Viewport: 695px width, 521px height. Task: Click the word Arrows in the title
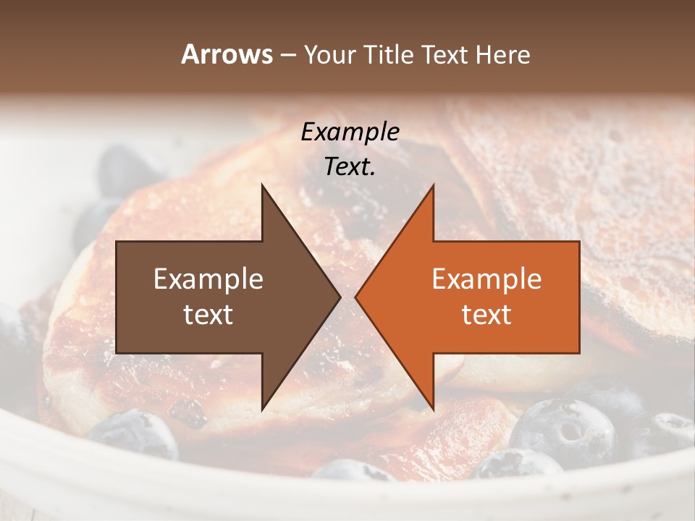pyautogui.click(x=227, y=54)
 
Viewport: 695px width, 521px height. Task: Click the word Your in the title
pyautogui.click(x=328, y=55)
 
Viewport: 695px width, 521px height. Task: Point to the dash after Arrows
pyautogui.click(x=287, y=55)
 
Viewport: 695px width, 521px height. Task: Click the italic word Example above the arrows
pyautogui.click(x=350, y=132)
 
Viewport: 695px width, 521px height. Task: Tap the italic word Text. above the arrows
pyautogui.click(x=350, y=166)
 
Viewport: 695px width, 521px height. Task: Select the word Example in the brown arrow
pyautogui.click(x=208, y=279)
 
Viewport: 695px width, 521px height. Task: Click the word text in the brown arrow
pyautogui.click(x=208, y=314)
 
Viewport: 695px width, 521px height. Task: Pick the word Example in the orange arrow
pyautogui.click(x=486, y=279)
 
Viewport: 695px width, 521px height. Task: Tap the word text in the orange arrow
pyautogui.click(x=486, y=314)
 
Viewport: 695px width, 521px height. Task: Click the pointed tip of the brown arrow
pyautogui.click(x=340, y=297)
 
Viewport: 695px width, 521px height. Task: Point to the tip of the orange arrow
pyautogui.click(x=356, y=297)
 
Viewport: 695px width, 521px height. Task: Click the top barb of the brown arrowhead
pyautogui.click(x=263, y=187)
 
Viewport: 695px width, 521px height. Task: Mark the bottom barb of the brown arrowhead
pyautogui.click(x=263, y=407)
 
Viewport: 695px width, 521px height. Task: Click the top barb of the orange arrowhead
pyautogui.click(x=432, y=187)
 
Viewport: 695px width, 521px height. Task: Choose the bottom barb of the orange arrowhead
pyautogui.click(x=432, y=407)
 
